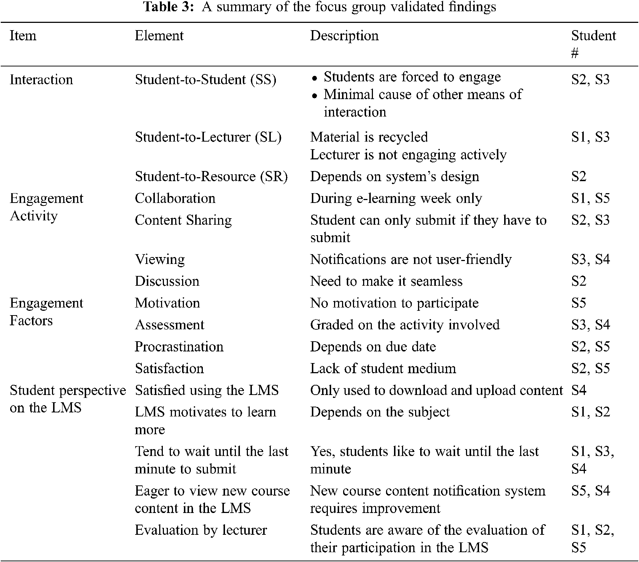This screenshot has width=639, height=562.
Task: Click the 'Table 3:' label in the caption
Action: tap(169, 7)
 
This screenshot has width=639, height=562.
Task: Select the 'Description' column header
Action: tap(344, 36)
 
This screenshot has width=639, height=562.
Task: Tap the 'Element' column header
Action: tap(159, 36)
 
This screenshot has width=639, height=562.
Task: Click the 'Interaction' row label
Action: tap(41, 80)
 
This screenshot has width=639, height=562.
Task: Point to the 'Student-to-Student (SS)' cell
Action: tap(205, 80)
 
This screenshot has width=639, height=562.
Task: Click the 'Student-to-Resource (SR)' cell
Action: tap(211, 176)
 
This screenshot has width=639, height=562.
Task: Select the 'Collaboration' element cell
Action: tap(175, 198)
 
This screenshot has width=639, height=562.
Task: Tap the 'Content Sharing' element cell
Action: tap(183, 220)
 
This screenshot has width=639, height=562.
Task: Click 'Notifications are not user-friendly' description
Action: tap(411, 259)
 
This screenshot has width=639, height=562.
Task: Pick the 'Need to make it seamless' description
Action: tap(386, 281)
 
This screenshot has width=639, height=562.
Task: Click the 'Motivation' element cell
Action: tap(167, 303)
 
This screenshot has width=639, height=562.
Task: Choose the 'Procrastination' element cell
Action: tap(179, 346)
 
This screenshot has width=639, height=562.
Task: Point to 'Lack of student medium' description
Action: tap(383, 368)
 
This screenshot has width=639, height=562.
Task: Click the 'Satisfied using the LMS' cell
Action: tap(206, 390)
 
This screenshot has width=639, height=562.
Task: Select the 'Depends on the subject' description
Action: tap(380, 412)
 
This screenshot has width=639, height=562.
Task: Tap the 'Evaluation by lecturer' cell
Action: tap(201, 530)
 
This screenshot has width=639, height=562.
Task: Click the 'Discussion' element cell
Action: tap(167, 281)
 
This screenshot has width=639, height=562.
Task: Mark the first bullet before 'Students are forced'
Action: tap(315, 78)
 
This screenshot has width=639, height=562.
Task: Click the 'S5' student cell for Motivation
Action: tap(579, 303)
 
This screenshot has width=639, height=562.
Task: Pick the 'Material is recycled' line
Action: tap(369, 137)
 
